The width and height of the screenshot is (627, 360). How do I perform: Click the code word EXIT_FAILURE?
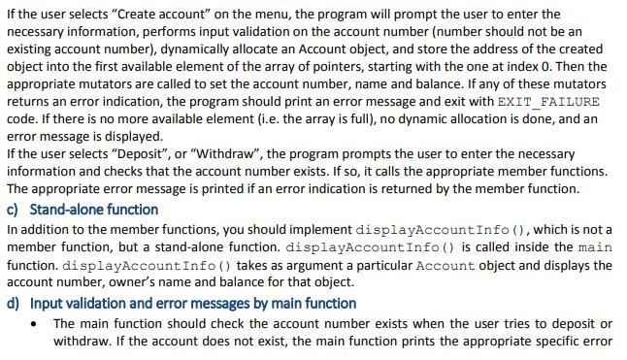coord(549,101)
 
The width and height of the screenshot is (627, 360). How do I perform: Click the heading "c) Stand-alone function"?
coord(82,210)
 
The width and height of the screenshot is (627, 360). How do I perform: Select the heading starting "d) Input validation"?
coord(181,304)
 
